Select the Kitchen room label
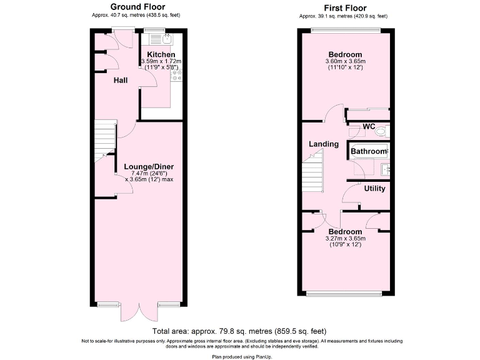coord(161,54)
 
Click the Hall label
coord(121,81)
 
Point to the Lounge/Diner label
coord(148,166)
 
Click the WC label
coord(369,126)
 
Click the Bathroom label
coord(368,151)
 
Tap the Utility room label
coord(374,188)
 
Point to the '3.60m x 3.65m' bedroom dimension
coord(345,61)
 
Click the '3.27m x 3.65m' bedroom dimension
coord(345,238)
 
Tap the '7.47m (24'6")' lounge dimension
coord(149,173)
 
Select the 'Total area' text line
coord(239,331)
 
